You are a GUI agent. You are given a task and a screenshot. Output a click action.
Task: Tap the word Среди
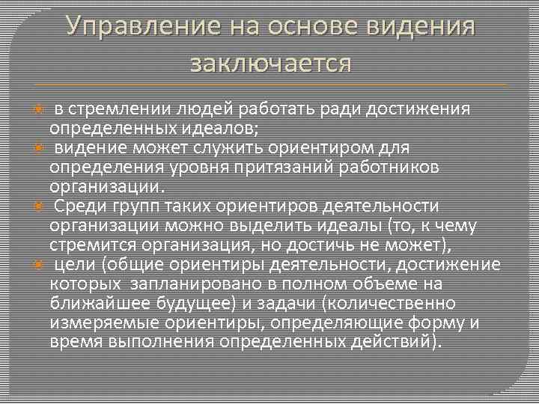(77, 206)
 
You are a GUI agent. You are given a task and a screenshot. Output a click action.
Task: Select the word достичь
(365, 244)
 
